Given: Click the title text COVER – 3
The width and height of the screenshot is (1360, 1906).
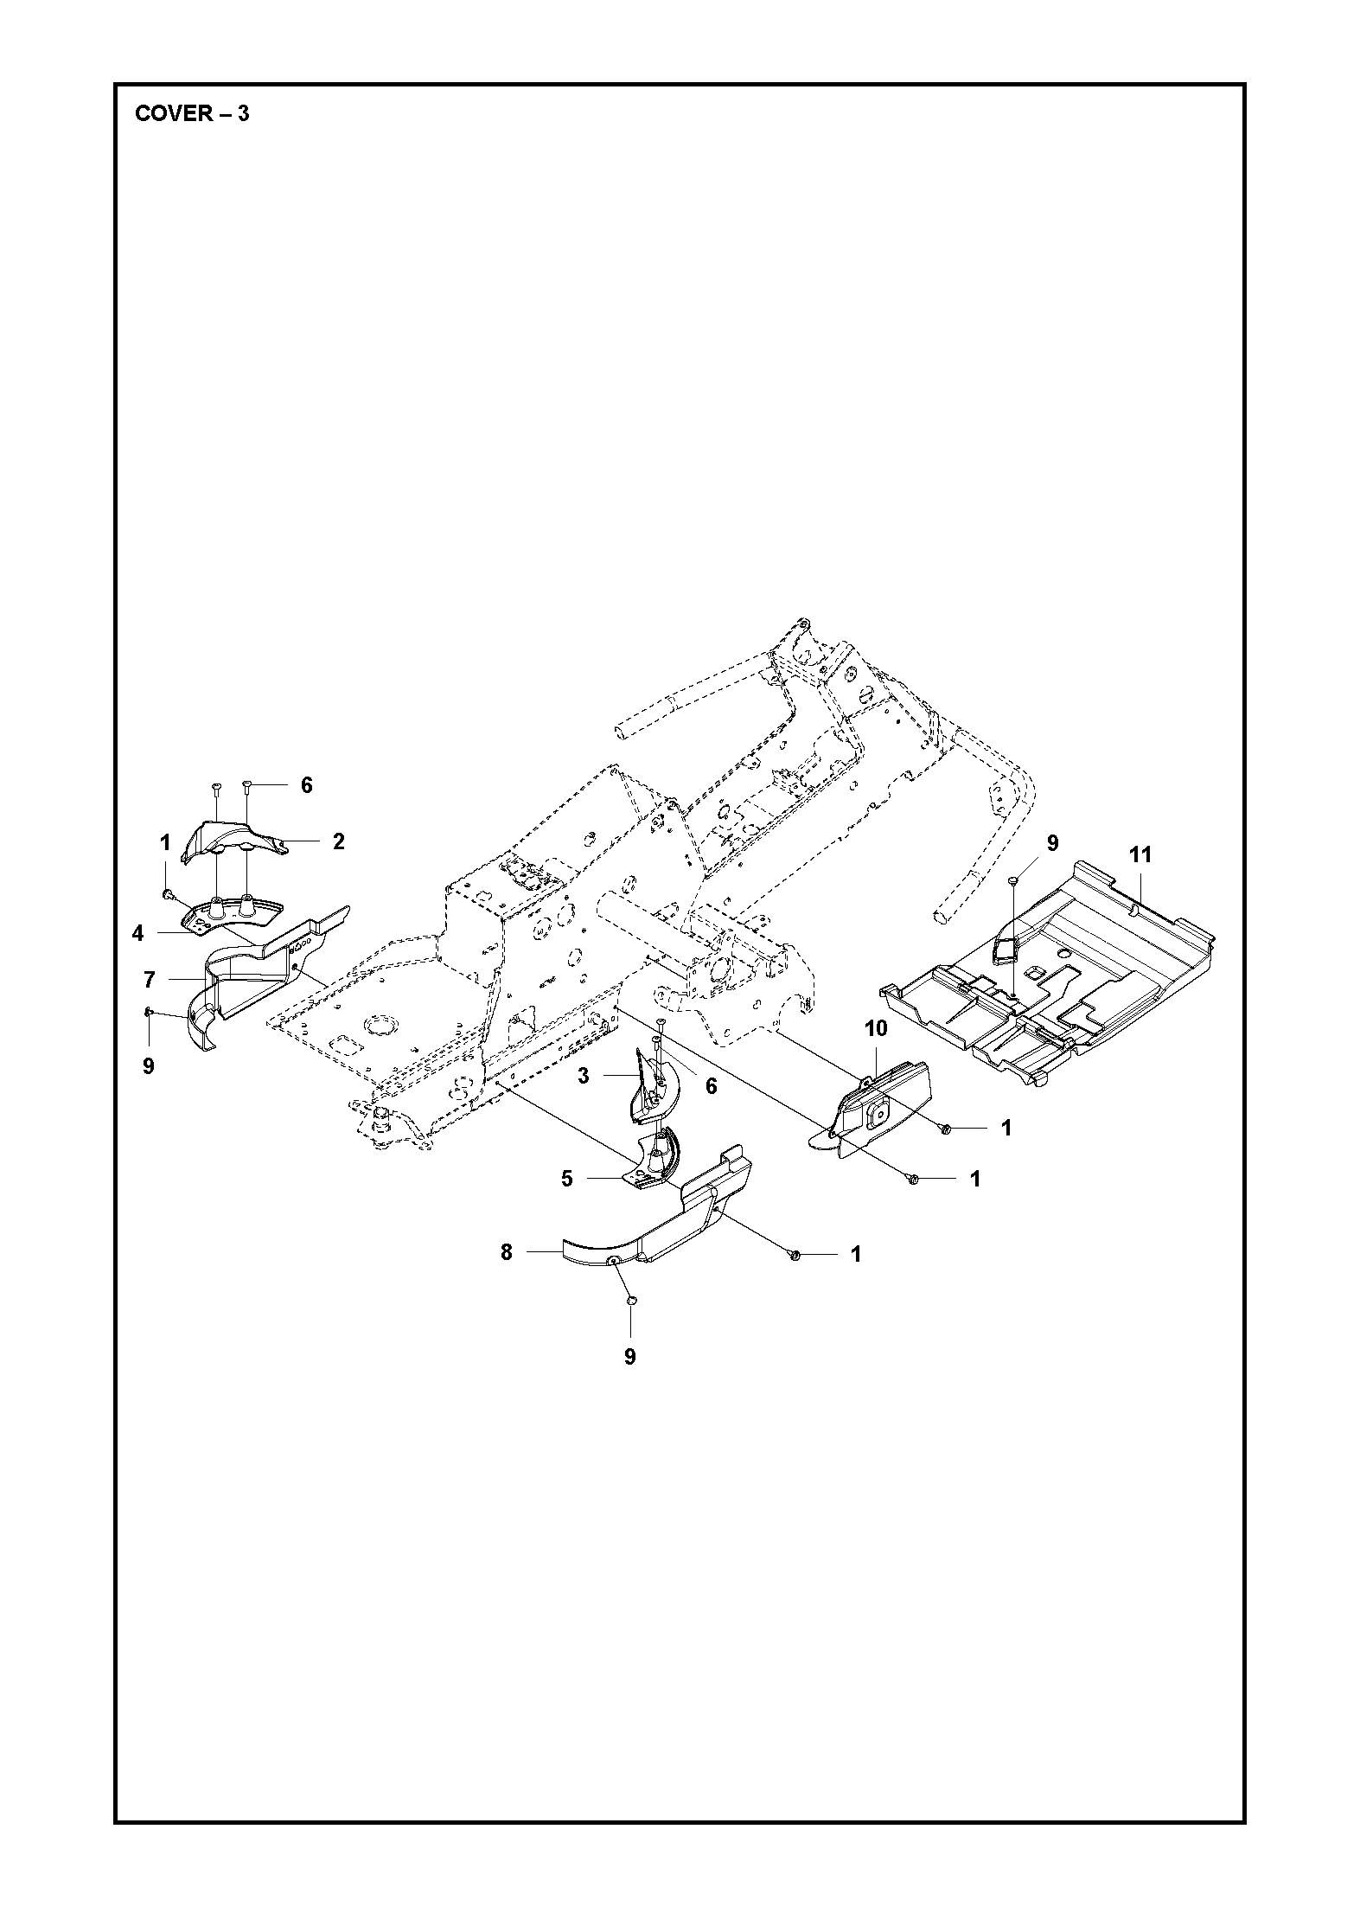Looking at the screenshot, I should coord(192,113).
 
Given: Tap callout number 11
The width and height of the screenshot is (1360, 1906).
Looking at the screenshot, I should coord(1140,855).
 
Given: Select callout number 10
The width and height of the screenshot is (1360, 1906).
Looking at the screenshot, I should coord(876,1029).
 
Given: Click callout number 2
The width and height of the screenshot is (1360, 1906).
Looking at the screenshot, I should coord(339,841).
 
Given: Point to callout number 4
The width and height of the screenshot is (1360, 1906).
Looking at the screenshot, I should coord(138,934).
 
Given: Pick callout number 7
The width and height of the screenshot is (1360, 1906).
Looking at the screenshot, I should coord(149,980).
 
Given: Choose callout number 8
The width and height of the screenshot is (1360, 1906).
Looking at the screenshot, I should coord(507,1251).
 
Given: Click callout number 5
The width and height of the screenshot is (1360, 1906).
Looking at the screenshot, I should coord(567,1178).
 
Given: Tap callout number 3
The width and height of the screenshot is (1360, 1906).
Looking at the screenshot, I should coord(584,1077).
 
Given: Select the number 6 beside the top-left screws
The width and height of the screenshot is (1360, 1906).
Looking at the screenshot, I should coord(306,785).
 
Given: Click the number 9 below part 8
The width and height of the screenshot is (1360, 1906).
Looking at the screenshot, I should coord(629,1357).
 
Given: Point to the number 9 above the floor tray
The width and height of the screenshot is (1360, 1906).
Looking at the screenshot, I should coord(1052,843).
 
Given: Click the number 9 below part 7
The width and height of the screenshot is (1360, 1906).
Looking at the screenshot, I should coord(148,1066).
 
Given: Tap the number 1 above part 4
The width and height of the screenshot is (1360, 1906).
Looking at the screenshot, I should coord(164,842).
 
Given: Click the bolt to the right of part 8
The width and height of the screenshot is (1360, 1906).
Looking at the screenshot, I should coord(795,1255).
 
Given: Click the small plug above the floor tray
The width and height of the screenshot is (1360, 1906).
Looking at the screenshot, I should coord(1014,880).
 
